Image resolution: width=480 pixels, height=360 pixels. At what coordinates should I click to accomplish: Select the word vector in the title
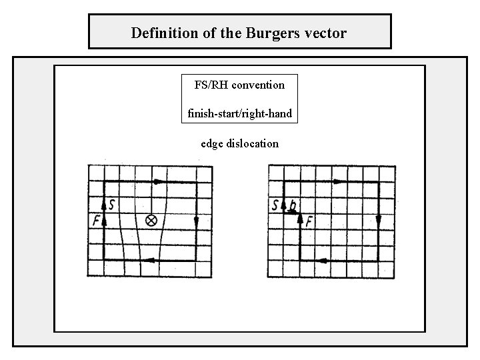tap(326, 33)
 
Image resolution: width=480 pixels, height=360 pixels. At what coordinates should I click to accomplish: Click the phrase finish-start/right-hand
tap(239, 113)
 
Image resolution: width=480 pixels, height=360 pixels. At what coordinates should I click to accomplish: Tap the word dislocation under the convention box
tap(253, 143)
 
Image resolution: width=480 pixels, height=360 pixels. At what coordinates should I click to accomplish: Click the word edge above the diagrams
tap(212, 143)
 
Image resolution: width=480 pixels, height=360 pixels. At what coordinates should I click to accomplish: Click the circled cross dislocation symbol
tap(151, 220)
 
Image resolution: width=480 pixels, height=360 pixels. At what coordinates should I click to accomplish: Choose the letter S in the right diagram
tap(275, 205)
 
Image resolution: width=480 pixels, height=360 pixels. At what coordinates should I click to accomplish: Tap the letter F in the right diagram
tap(310, 221)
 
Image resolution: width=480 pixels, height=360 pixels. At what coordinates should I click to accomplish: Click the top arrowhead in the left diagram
tap(157, 181)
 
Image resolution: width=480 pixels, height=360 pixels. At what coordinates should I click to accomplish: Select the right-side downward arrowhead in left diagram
tap(195, 221)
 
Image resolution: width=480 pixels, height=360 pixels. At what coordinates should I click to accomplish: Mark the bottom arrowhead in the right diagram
tap(324, 261)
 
